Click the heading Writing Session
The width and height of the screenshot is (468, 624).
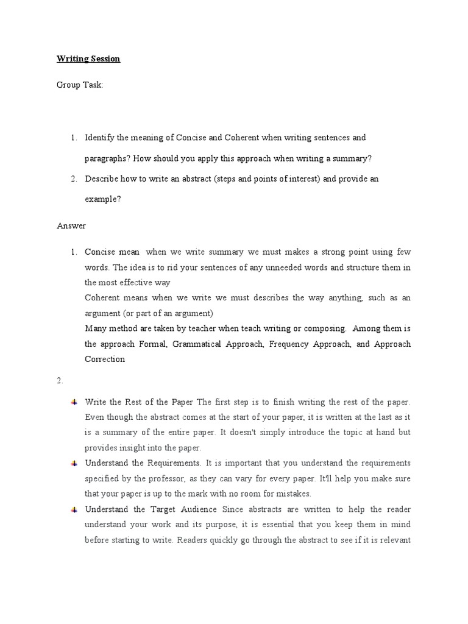coord(88,59)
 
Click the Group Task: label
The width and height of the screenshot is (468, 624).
coord(80,85)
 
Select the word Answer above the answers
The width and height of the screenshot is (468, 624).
coord(71,225)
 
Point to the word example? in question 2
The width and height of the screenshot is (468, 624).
coord(102,199)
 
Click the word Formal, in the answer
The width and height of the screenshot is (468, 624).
coord(153,344)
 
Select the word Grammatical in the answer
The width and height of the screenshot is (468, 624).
coord(200,344)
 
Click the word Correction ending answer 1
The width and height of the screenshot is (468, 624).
coord(105,359)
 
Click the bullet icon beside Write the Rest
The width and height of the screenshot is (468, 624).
coord(74,402)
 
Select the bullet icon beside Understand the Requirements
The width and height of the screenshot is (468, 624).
coord(74,463)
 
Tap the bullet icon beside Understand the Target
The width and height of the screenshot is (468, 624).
coord(74,509)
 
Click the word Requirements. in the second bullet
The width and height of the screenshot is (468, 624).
coord(172,463)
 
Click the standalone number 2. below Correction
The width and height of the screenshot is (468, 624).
coord(60,381)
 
